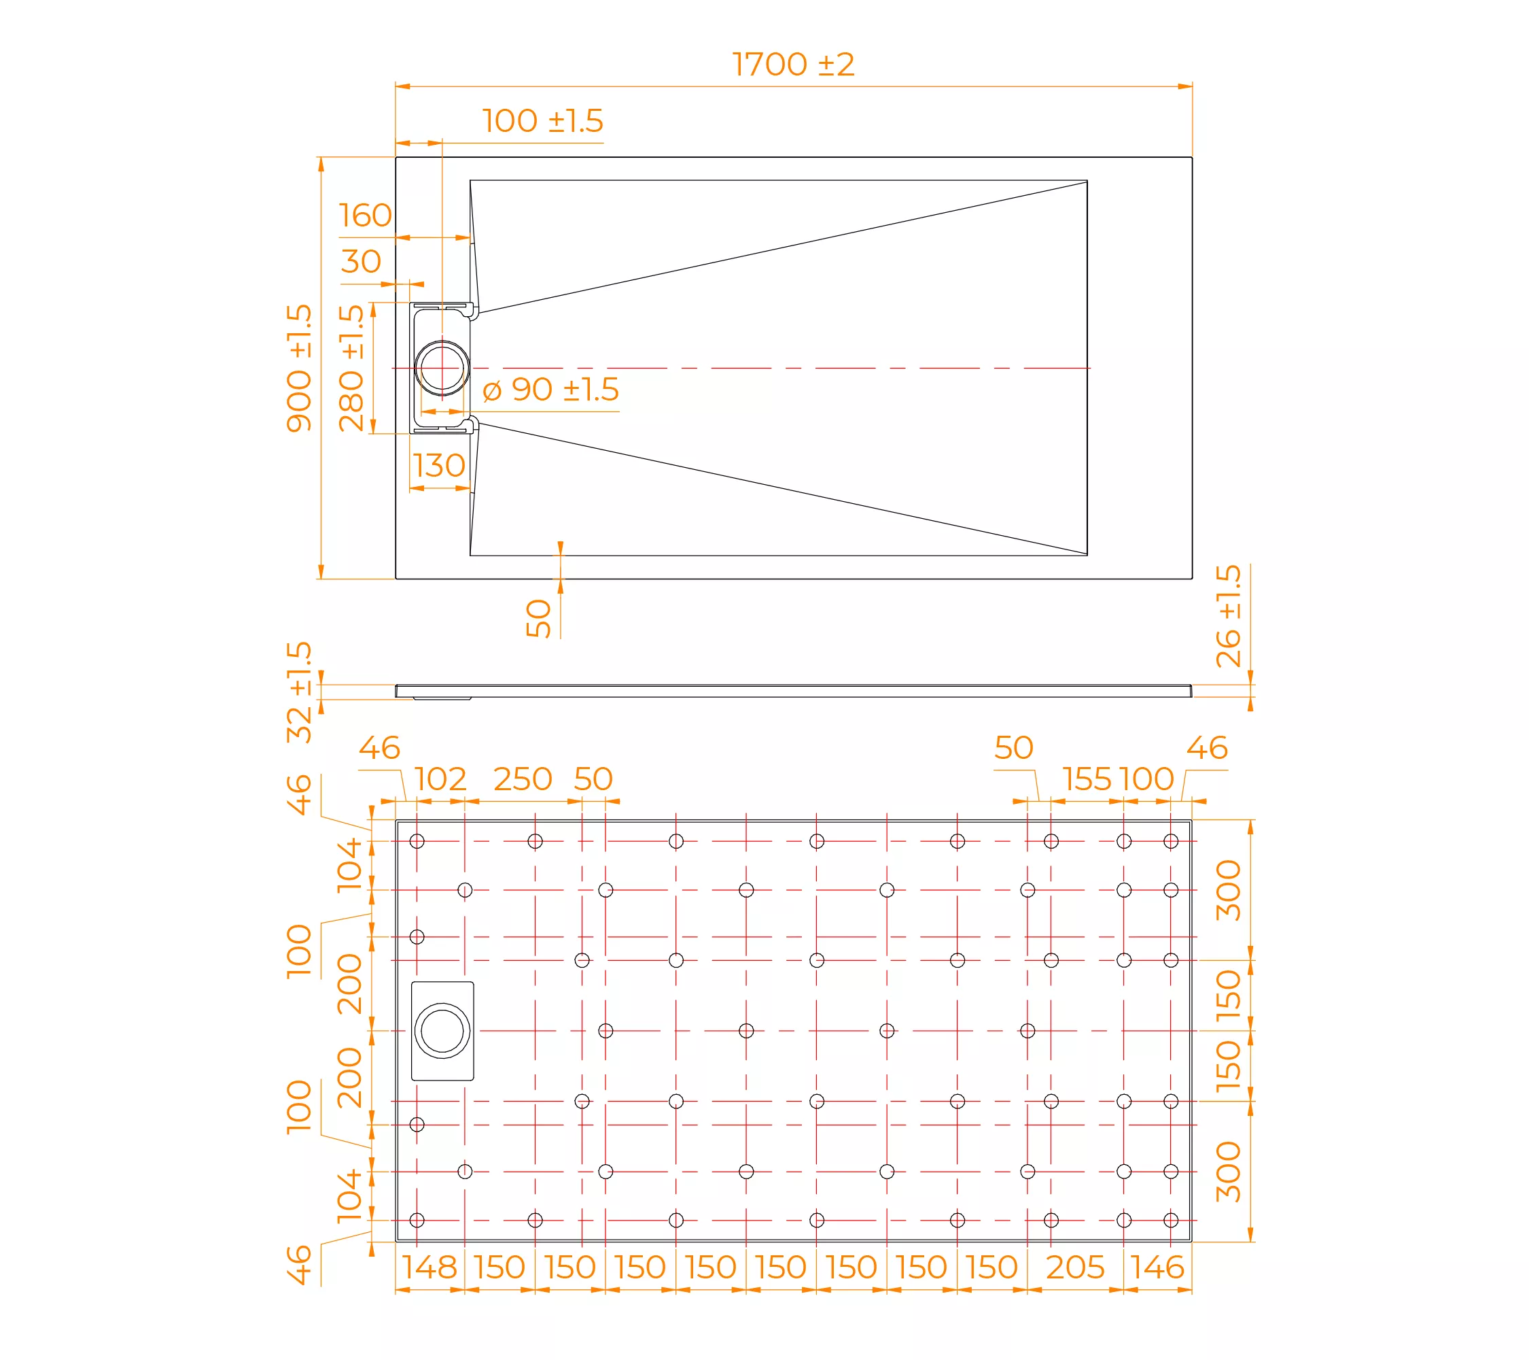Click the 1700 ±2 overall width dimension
pyautogui.click(x=793, y=65)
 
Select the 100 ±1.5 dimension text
pyautogui.click(x=542, y=120)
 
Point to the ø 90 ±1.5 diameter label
pyautogui.click(x=551, y=389)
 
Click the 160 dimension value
pyautogui.click(x=365, y=216)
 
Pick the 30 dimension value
pyautogui.click(x=362, y=261)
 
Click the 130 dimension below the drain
pyautogui.click(x=439, y=466)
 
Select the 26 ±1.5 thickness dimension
pyautogui.click(x=1228, y=615)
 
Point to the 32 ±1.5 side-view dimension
pyautogui.click(x=299, y=692)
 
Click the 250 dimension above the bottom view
pyautogui.click(x=523, y=779)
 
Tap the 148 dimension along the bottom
pyautogui.click(x=429, y=1268)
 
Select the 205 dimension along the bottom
pyautogui.click(x=1075, y=1268)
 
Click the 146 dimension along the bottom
pyautogui.click(x=1157, y=1268)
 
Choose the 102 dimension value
pyautogui.click(x=440, y=779)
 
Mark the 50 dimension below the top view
pyautogui.click(x=539, y=618)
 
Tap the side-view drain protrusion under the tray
pyautogui.click(x=442, y=698)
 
